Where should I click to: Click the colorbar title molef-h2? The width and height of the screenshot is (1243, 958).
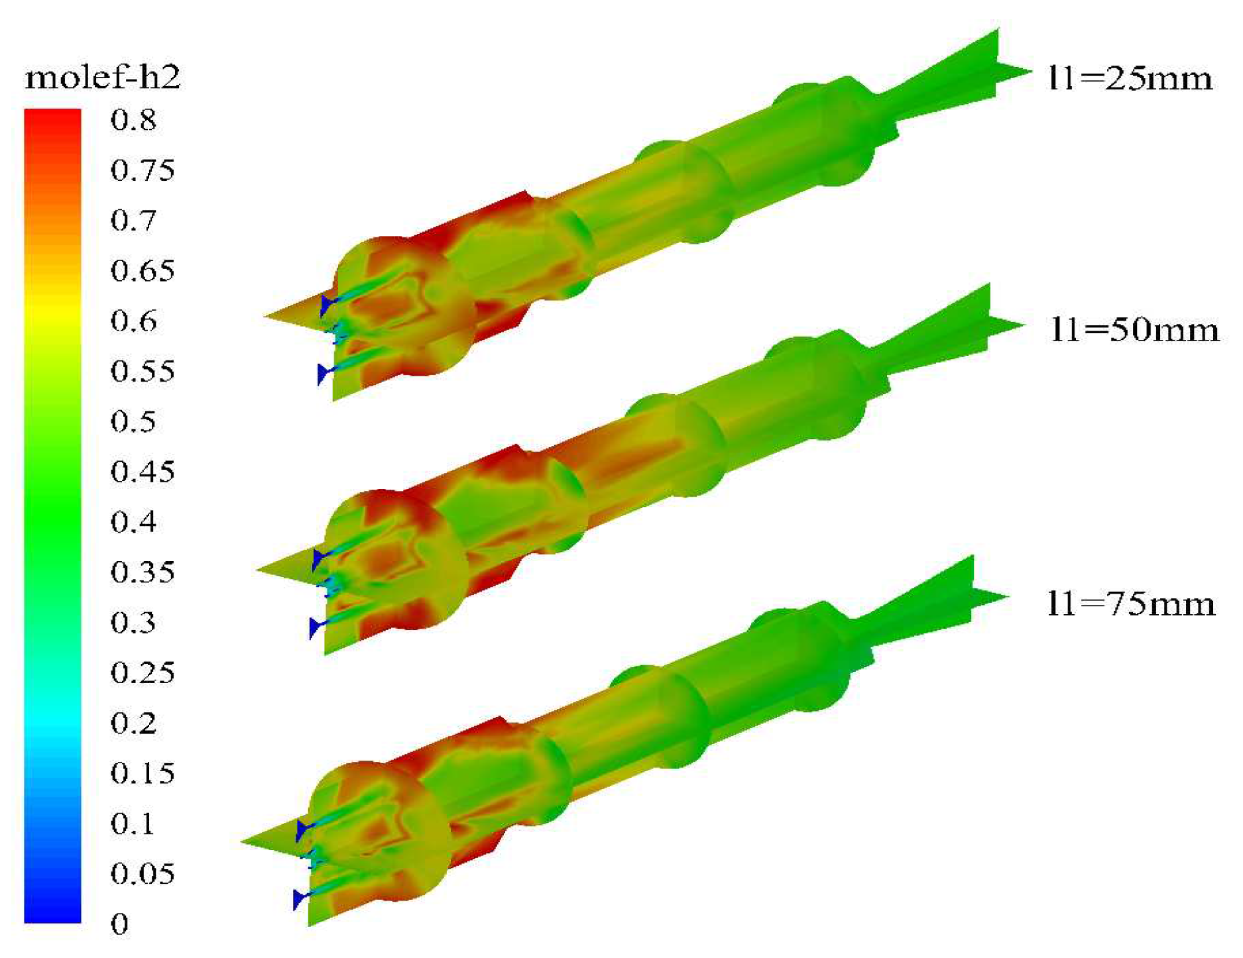coord(103,78)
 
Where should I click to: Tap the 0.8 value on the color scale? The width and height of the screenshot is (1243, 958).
coord(133,120)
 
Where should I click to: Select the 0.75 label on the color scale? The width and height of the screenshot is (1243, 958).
coord(143,170)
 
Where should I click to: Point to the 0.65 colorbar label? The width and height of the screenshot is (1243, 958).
coord(143,271)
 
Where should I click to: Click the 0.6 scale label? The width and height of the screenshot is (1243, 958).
coord(133,321)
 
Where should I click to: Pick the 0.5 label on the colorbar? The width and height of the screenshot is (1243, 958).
coord(133,421)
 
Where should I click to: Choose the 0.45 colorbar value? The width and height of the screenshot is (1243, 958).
coord(143,472)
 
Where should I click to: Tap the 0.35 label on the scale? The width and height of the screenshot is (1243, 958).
coord(143,572)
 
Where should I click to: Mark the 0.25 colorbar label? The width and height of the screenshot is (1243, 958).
coord(143,672)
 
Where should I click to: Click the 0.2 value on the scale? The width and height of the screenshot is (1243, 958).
coord(133,723)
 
